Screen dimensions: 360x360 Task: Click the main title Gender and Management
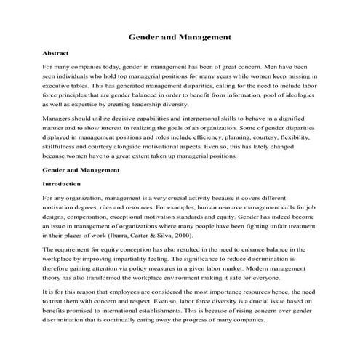coord(180,35)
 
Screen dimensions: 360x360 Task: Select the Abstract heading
coord(56,54)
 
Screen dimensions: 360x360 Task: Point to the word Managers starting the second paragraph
coord(58,116)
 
